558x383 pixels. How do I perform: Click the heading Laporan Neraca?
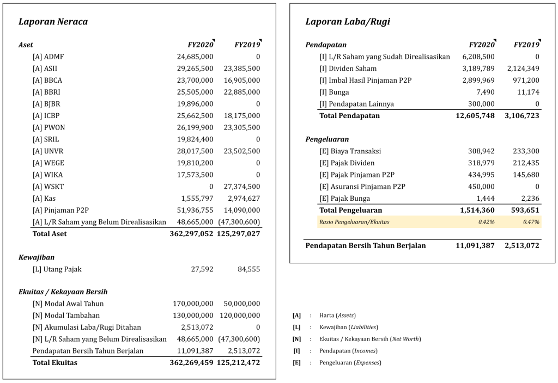click(53, 22)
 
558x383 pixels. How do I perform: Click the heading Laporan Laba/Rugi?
click(347, 22)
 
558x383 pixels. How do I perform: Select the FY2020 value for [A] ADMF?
click(195, 57)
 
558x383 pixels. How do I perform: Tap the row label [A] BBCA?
click(47, 80)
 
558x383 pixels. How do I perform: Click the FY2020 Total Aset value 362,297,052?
click(191, 234)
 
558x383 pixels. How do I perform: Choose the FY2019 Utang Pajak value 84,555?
click(248, 269)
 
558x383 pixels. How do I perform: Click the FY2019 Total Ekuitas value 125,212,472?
click(238, 363)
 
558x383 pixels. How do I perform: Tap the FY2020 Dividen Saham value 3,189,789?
click(478, 69)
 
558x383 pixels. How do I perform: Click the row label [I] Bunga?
click(334, 92)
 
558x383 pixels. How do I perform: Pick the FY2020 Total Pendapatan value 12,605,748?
click(475, 116)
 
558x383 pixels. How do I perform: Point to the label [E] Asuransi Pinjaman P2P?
click(362, 187)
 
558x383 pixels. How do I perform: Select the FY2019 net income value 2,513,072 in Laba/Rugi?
click(521, 246)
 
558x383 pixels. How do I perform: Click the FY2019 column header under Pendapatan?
click(526, 45)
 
